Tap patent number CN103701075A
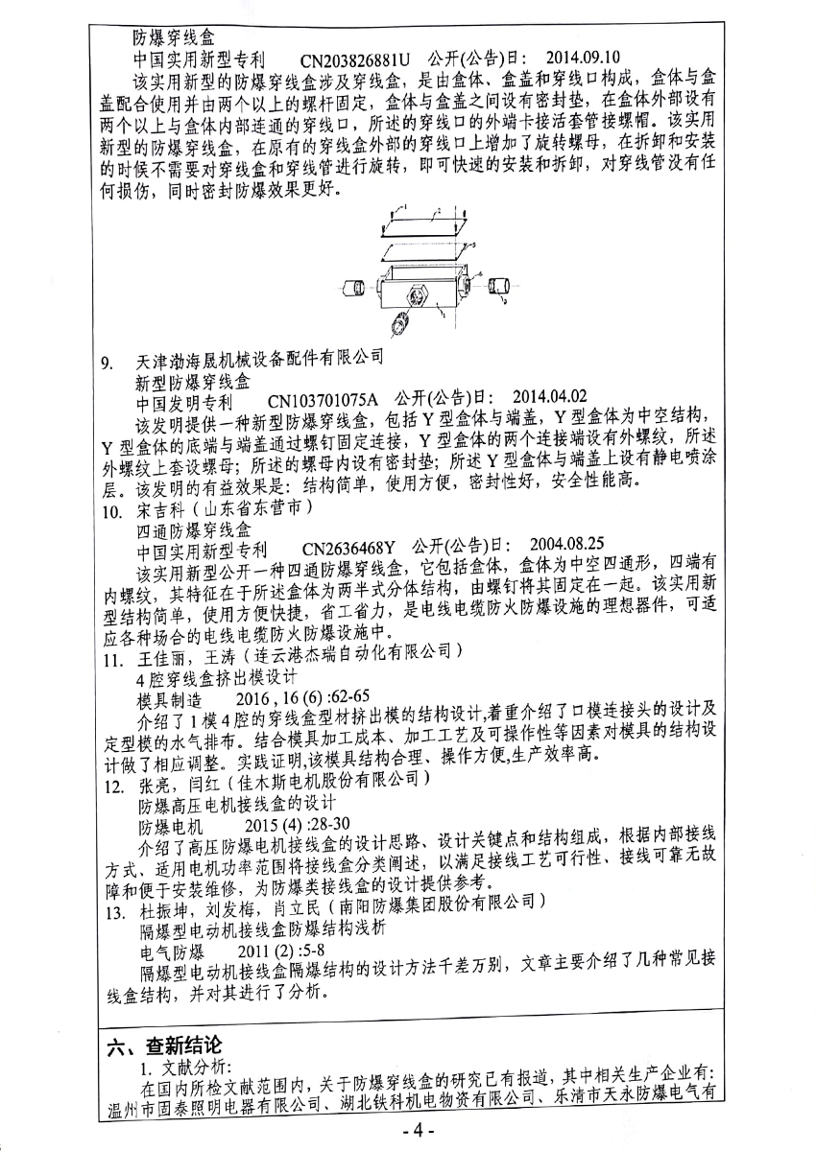(x=323, y=398)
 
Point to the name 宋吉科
(x=160, y=511)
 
